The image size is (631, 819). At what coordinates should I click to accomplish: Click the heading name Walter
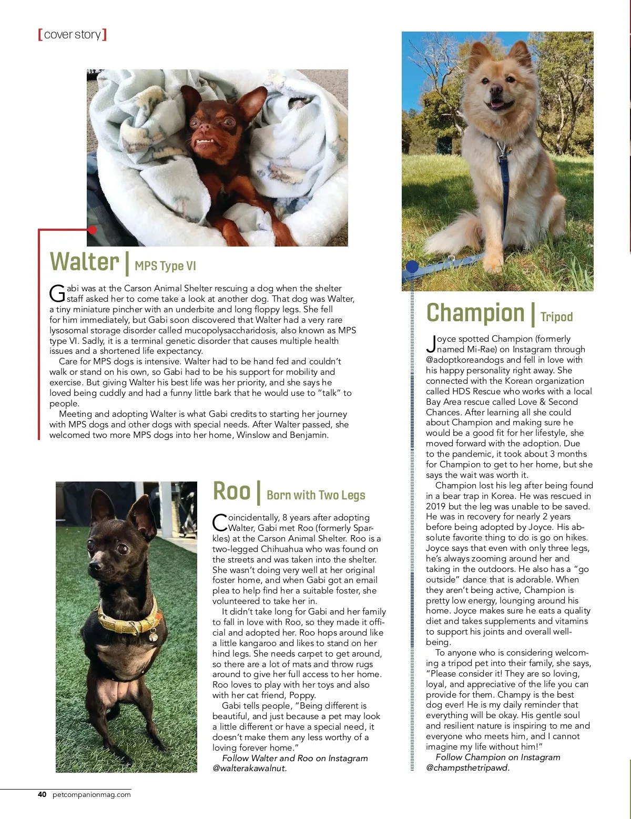(x=84, y=262)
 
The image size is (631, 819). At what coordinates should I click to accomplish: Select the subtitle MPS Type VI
(x=165, y=266)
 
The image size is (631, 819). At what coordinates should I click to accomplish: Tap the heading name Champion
(x=475, y=313)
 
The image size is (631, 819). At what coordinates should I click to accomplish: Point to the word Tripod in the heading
(x=556, y=317)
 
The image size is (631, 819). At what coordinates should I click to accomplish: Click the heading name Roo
(x=231, y=492)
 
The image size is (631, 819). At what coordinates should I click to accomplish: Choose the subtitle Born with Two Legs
(x=315, y=495)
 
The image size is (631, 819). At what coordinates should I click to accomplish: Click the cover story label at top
(x=73, y=35)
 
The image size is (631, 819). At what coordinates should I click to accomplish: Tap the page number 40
(x=42, y=794)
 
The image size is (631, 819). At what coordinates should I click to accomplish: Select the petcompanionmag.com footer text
(x=91, y=794)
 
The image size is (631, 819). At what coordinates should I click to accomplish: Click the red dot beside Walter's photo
(x=93, y=230)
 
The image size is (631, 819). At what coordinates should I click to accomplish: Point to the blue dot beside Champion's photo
(x=412, y=267)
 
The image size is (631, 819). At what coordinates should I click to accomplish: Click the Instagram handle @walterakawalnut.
(x=250, y=768)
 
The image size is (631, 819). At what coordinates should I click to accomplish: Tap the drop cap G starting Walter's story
(x=57, y=293)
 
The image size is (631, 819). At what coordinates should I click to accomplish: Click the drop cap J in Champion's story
(x=431, y=344)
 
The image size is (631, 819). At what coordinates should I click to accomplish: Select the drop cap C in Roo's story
(x=219, y=523)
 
